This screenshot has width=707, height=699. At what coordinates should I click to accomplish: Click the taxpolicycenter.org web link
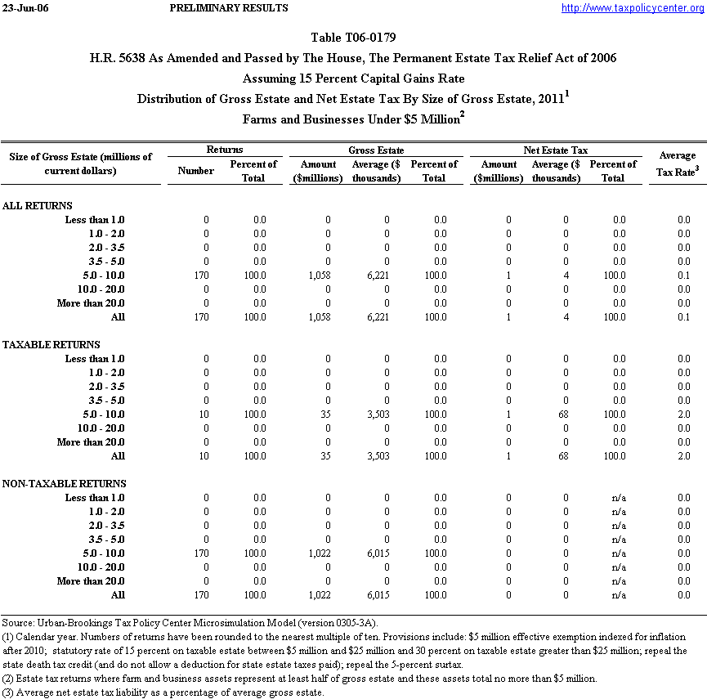coord(633,8)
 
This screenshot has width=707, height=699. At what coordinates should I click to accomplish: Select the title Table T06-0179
coord(354,38)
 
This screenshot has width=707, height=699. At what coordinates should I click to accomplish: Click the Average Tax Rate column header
coord(677,163)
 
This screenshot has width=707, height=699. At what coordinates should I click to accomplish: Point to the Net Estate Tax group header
coord(555,150)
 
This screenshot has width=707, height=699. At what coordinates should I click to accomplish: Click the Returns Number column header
coord(195,170)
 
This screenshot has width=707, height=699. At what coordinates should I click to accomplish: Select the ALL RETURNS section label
coord(38,206)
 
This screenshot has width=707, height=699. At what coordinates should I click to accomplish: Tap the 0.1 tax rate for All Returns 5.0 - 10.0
coord(683,276)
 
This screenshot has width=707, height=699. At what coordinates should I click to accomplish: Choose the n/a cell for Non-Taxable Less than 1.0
coord(619,498)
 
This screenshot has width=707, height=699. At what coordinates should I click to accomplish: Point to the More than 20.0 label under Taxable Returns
coord(91,442)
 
